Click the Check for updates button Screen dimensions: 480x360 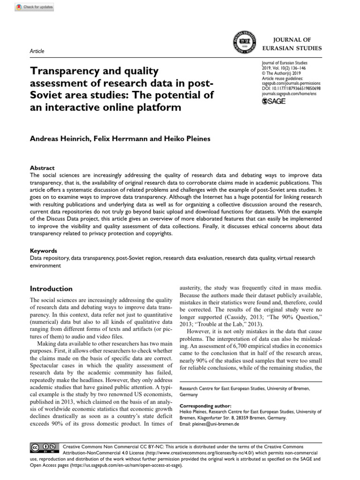[34, 7]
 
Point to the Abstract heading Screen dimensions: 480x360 [42, 168]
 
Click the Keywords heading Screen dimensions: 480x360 [44, 251]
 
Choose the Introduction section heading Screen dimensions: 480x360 [51, 289]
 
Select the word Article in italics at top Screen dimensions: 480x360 [37, 51]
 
